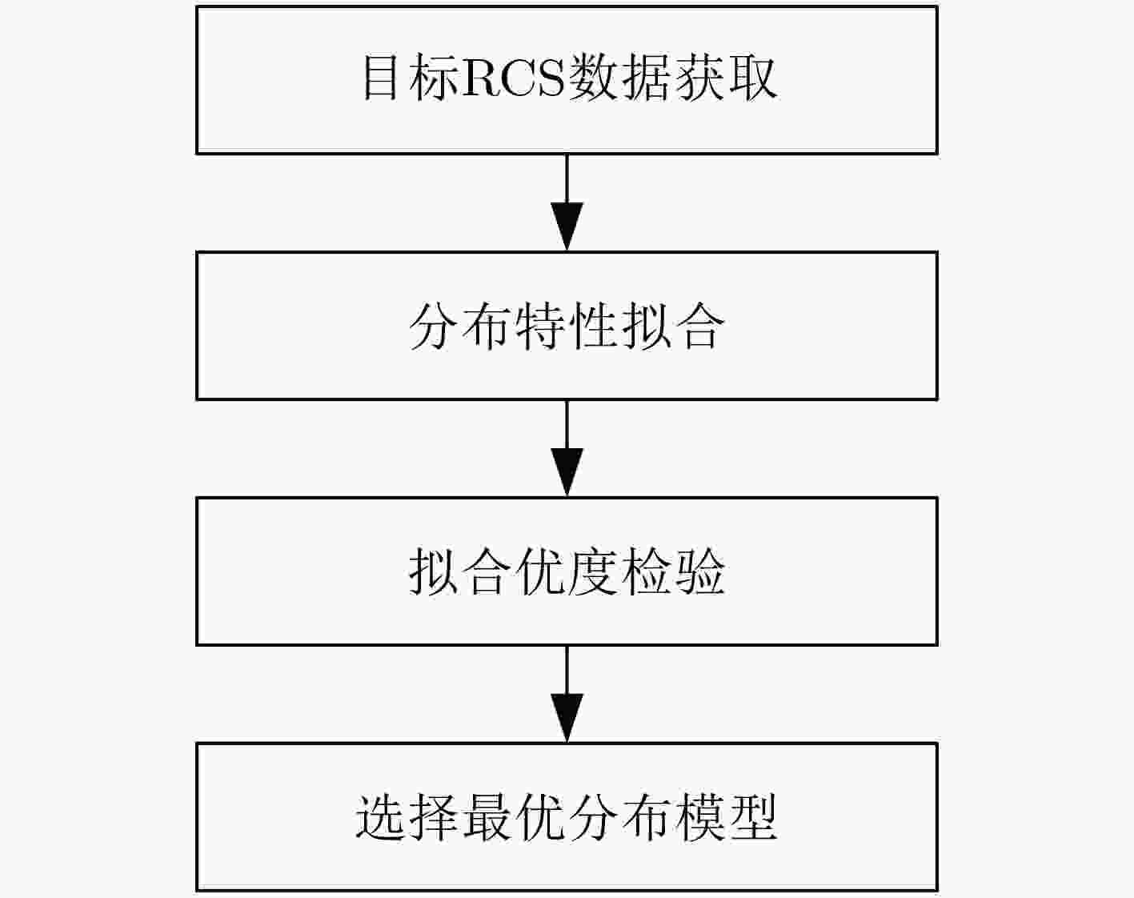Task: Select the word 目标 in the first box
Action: click(411, 78)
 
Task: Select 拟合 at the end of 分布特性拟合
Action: click(672, 327)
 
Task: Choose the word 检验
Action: click(672, 571)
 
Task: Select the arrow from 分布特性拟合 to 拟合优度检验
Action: click(567, 448)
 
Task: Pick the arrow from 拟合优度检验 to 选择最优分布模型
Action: click(567, 694)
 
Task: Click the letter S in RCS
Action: click(548, 78)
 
